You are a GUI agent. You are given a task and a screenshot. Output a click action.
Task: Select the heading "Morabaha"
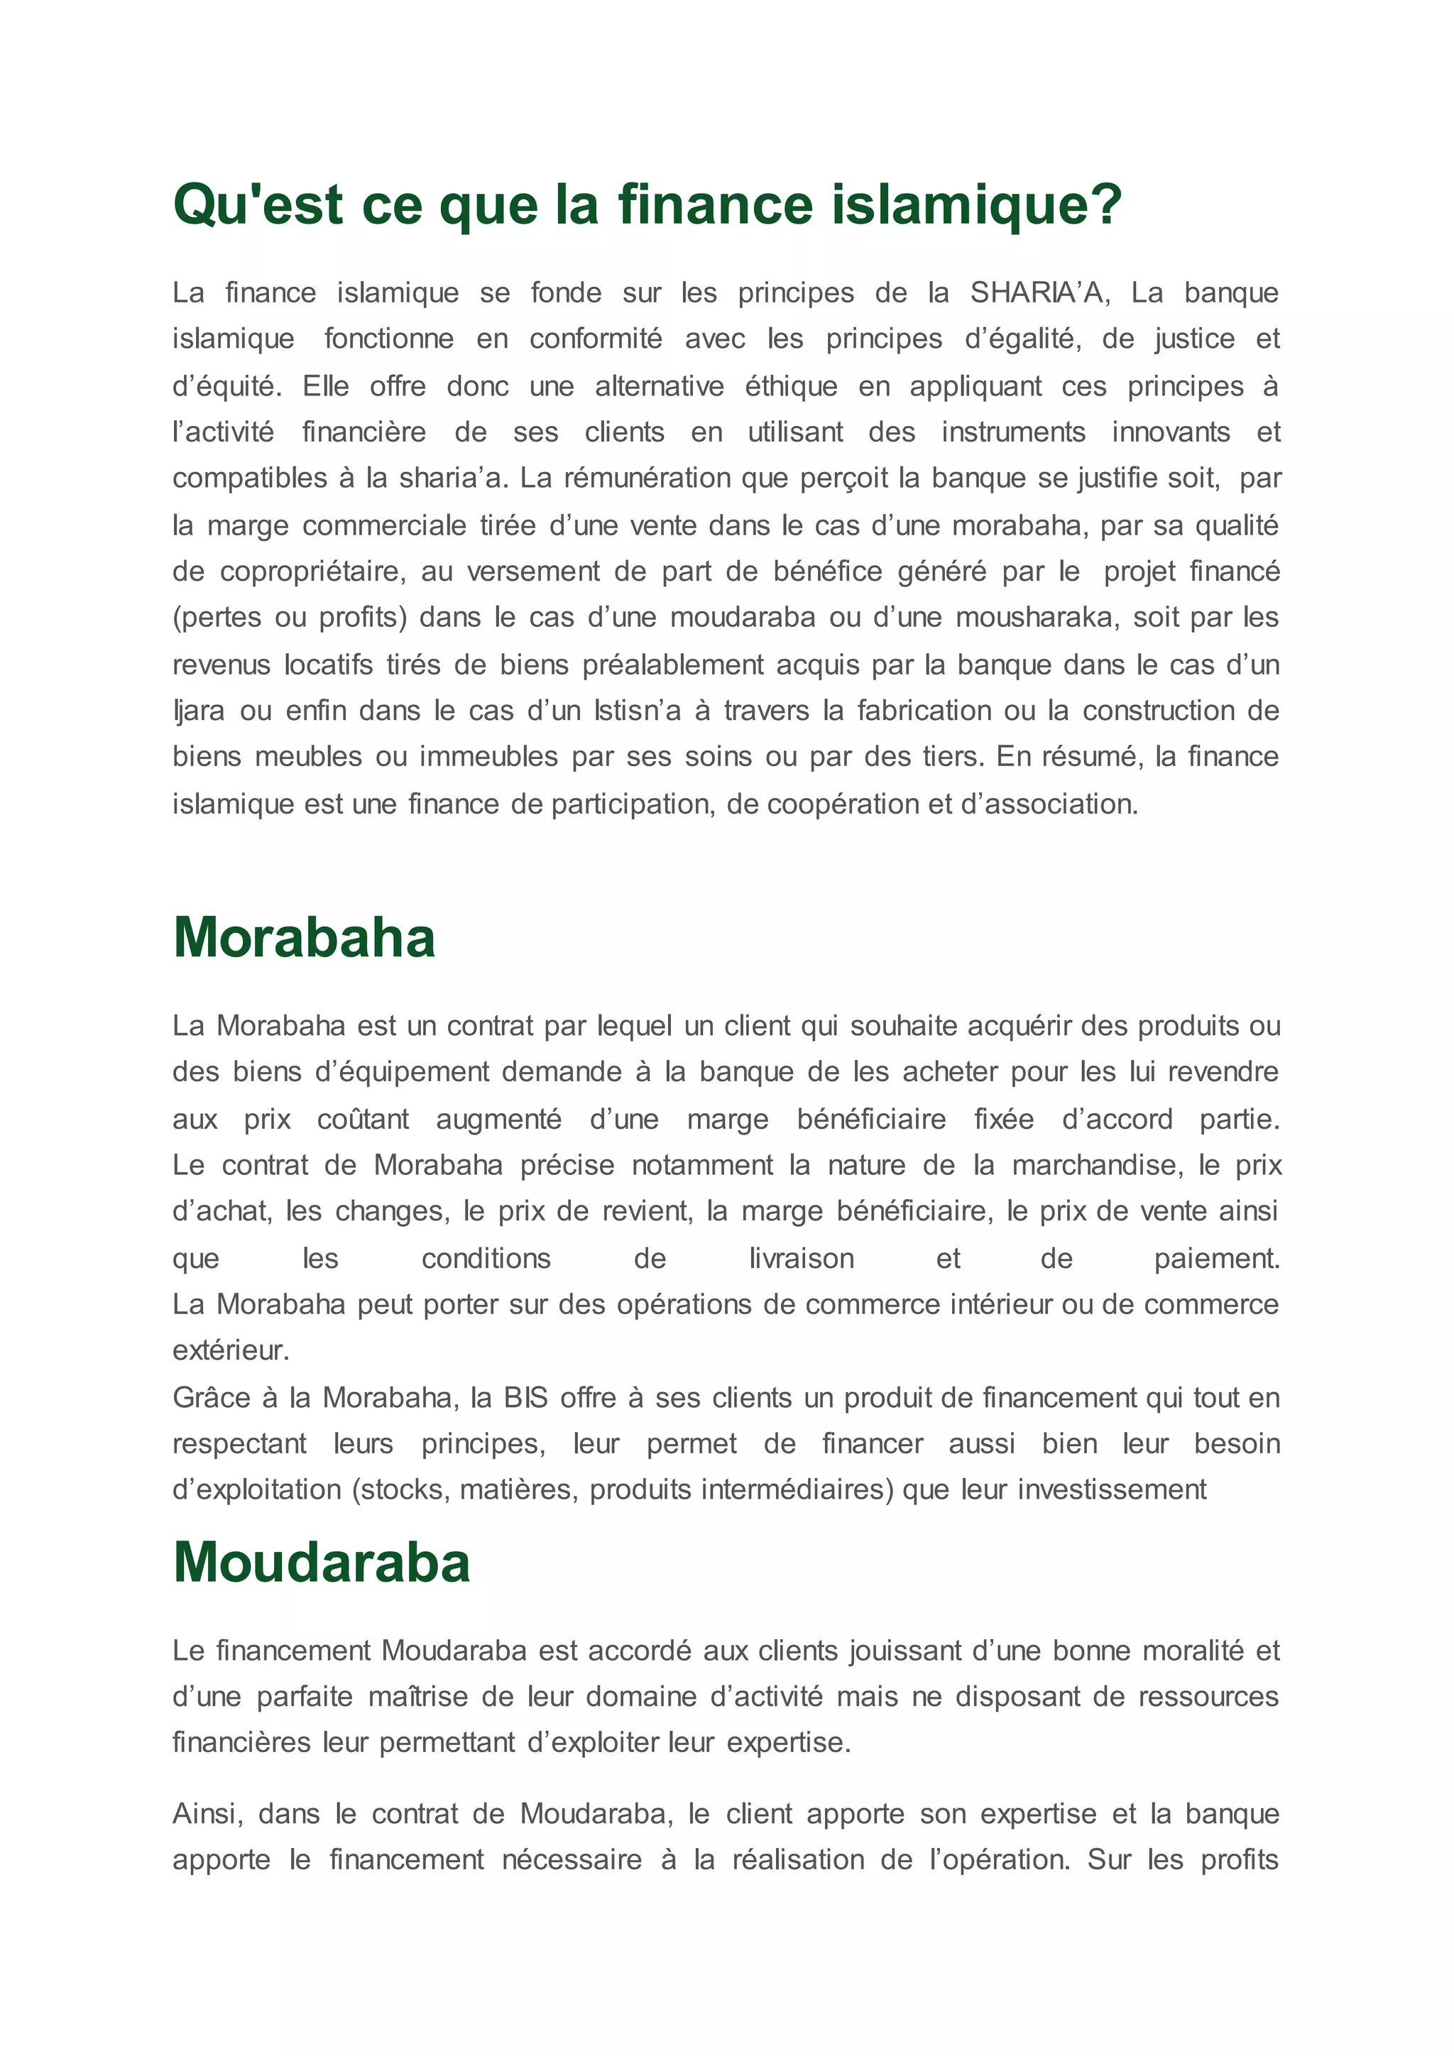[x=305, y=939]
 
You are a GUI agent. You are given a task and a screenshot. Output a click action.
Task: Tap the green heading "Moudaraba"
[x=322, y=1563]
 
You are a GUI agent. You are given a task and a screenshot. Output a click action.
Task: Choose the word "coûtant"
[x=363, y=1120]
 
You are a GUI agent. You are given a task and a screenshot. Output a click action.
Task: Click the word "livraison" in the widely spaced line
[x=802, y=1259]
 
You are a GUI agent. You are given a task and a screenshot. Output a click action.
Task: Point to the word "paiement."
[x=1217, y=1259]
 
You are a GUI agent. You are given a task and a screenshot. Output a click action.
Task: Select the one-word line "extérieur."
[x=231, y=1350]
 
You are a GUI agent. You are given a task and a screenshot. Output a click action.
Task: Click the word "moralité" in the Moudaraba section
[x=1186, y=1651]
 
